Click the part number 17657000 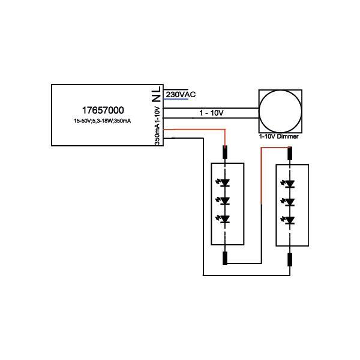[103, 110]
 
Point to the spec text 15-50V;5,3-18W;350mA [103, 121]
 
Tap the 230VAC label [181, 94]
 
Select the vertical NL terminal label [157, 94]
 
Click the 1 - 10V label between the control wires [211, 113]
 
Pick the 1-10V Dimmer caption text [279, 136]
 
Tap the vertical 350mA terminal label [157, 136]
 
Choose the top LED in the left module [224, 183]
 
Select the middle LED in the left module [224, 201]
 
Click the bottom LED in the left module [224, 219]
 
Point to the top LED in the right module [289, 184]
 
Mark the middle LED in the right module [289, 202]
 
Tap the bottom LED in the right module [289, 220]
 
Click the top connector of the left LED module [225, 152]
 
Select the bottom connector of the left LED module [225, 258]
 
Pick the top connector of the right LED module [290, 154]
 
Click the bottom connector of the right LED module [290, 260]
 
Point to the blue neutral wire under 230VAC [176, 99]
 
